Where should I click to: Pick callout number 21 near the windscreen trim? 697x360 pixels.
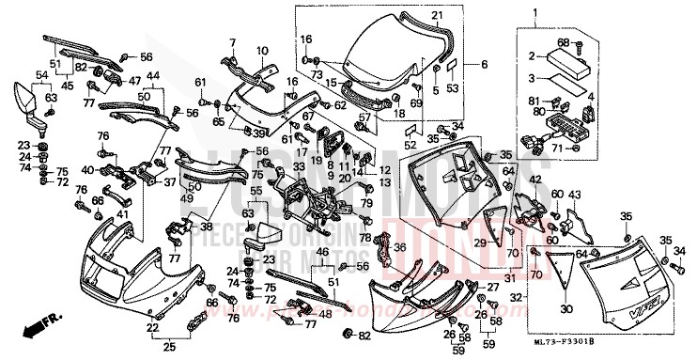point(436,16)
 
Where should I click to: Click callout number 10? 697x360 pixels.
point(261,50)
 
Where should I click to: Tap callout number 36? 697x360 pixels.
point(398,247)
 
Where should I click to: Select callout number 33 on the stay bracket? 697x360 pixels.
point(298,167)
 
